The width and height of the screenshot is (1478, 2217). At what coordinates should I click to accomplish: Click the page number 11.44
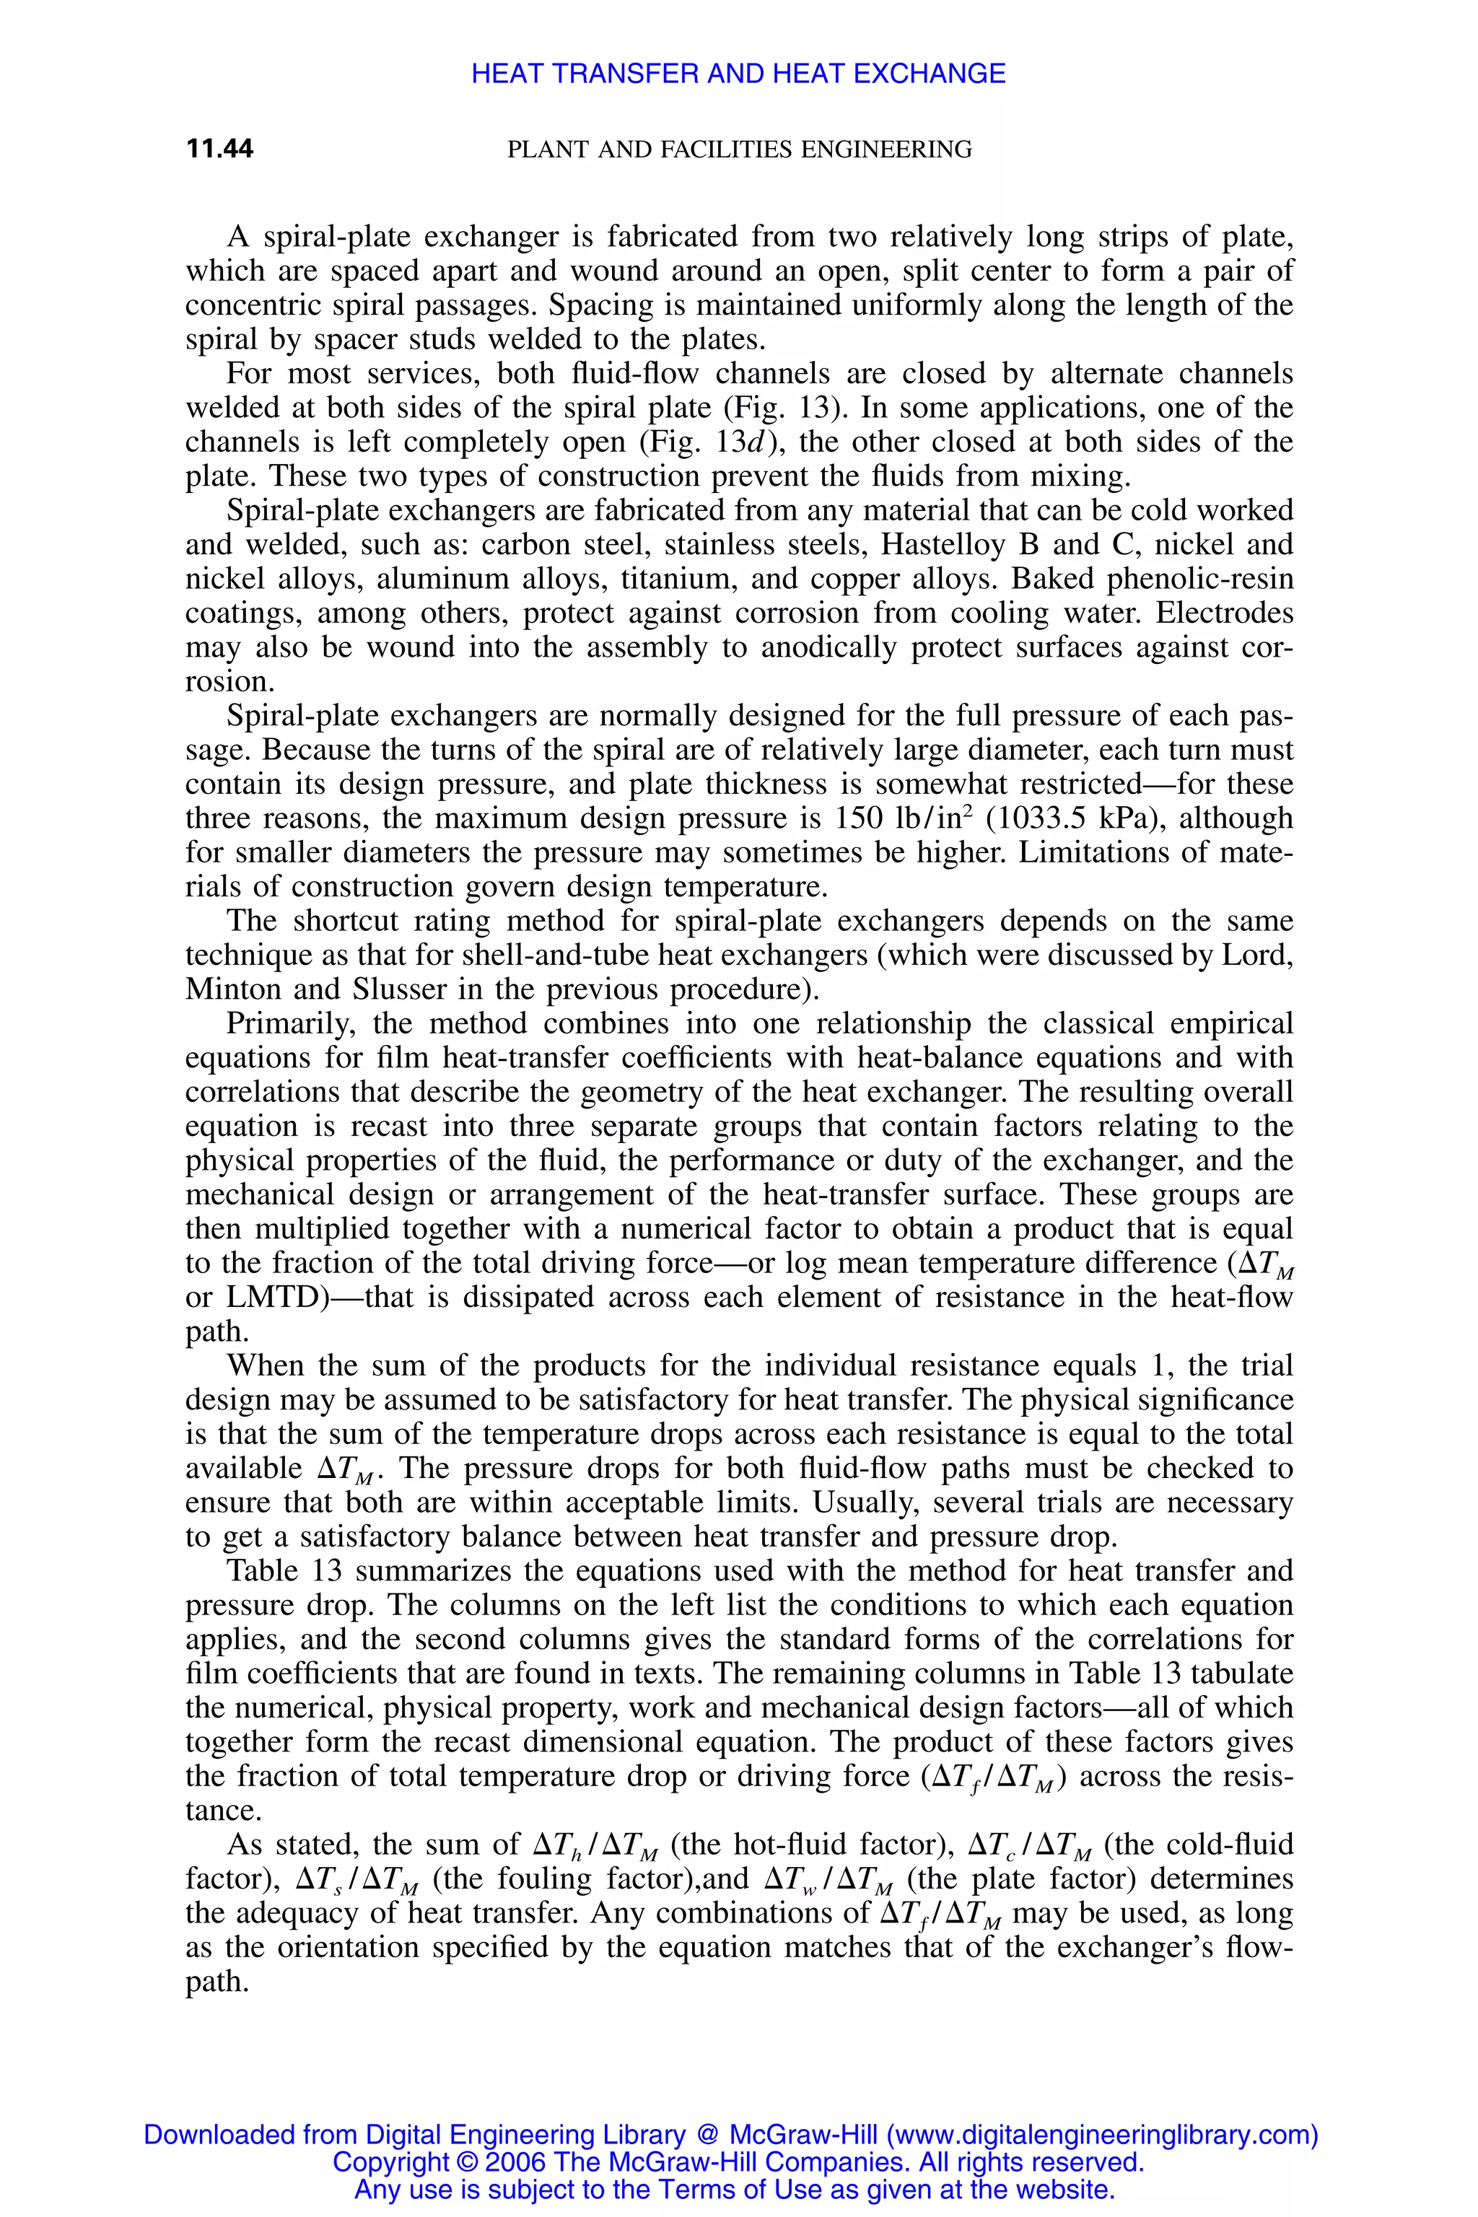pyautogui.click(x=219, y=149)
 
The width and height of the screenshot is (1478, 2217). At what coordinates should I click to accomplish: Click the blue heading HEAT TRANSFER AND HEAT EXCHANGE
pyautogui.click(x=738, y=74)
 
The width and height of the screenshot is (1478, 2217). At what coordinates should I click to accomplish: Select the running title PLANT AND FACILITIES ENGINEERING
pyautogui.click(x=739, y=149)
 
